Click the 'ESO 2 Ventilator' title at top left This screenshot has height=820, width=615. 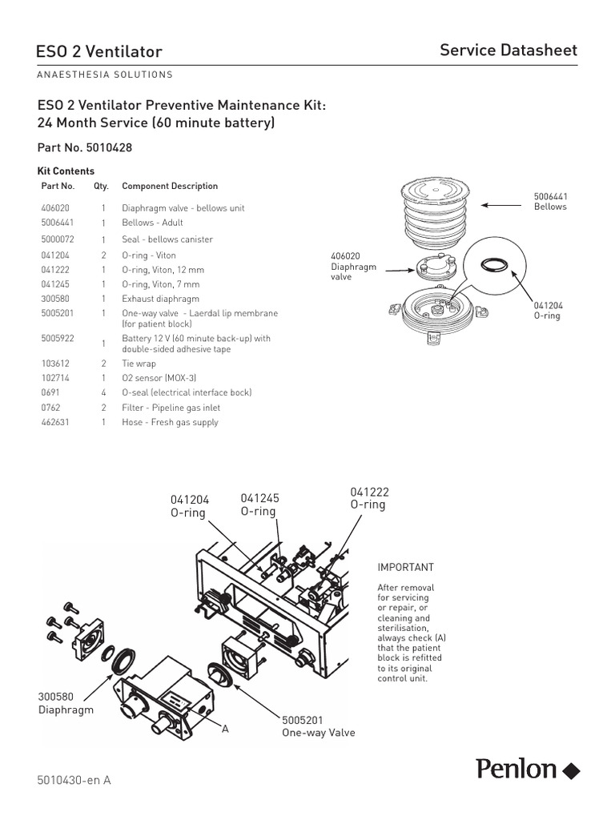99,52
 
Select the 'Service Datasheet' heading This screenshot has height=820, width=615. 508,50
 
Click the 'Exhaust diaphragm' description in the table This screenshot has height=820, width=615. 160,299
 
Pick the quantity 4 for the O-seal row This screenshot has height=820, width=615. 103,392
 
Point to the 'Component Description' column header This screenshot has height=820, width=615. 170,186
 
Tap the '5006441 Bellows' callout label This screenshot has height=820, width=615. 550,201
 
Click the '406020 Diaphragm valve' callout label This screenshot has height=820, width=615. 353,267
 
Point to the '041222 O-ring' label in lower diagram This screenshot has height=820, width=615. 368,498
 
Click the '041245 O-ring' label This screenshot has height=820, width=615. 259,504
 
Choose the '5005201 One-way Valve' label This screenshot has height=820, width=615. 318,726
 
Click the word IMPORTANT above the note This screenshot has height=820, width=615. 405,567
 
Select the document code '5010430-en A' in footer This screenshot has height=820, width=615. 74,780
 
